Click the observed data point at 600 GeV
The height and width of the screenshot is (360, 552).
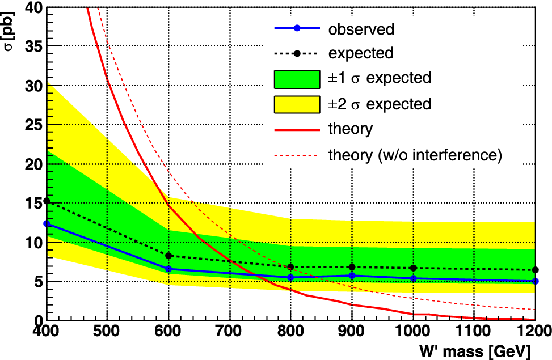(168, 269)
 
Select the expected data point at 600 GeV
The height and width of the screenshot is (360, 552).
(168, 256)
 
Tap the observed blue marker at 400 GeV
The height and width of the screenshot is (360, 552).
(47, 224)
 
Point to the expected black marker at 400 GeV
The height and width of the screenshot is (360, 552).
(47, 201)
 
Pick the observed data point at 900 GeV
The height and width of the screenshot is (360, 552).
(352, 276)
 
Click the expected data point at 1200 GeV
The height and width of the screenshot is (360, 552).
(536, 270)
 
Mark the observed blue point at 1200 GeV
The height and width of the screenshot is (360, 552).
(536, 281)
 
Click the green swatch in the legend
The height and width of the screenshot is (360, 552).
(297, 79)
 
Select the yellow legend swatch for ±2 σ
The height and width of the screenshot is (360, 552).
(297, 104)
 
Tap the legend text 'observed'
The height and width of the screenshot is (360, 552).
(361, 29)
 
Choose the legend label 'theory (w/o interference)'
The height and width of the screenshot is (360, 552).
(415, 155)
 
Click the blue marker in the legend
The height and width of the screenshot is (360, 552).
(297, 28)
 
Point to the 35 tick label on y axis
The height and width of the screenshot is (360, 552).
(34, 46)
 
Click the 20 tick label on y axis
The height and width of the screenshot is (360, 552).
(34, 164)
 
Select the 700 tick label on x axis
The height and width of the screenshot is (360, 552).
(230, 331)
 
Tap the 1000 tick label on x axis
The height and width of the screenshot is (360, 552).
(414, 331)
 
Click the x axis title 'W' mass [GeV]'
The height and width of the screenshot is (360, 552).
(475, 351)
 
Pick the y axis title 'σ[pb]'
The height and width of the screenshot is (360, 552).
(9, 31)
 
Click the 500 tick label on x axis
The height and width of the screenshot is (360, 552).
(107, 331)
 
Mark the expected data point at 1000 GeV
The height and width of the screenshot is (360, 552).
(414, 268)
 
